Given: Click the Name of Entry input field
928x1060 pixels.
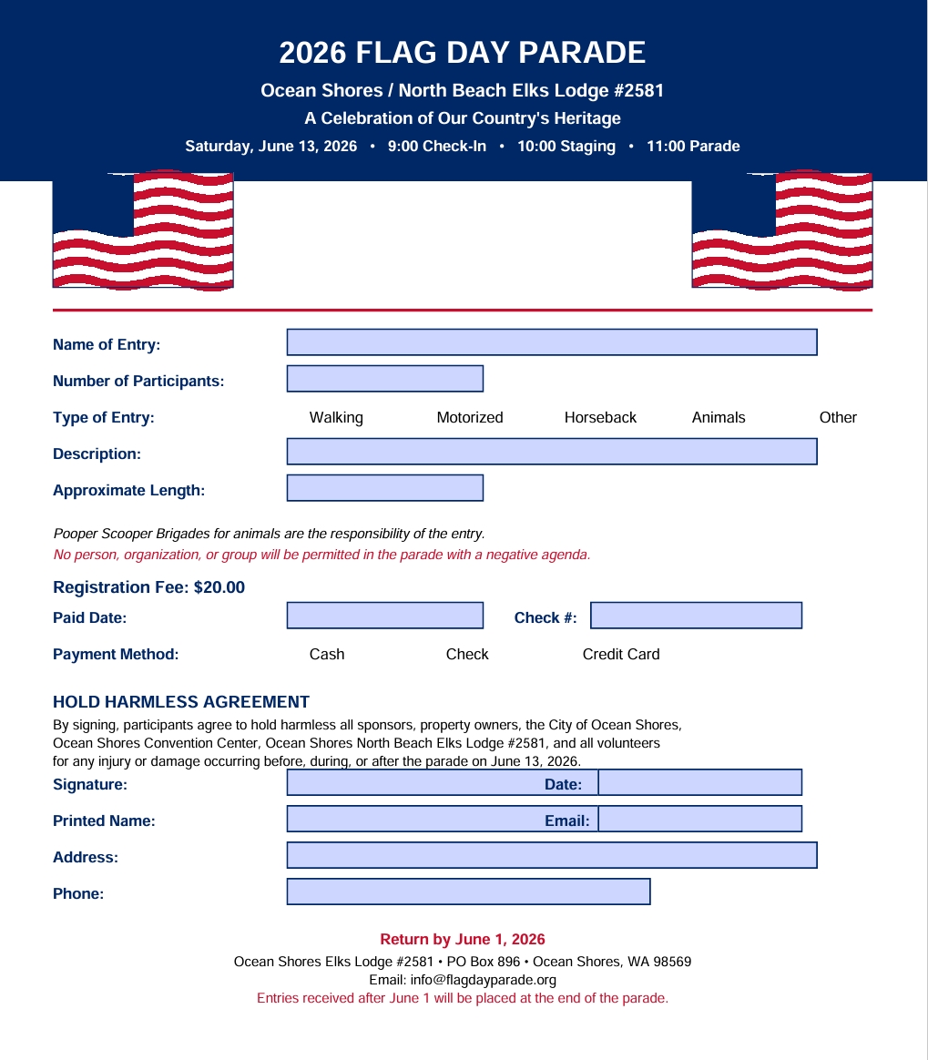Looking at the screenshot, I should (x=552, y=342).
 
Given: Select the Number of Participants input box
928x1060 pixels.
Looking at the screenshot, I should (x=385, y=379).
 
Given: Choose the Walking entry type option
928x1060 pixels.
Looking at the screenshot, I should (x=336, y=418).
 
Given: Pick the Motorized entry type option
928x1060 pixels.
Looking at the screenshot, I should (x=470, y=418).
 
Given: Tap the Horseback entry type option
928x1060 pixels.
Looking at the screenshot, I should (x=600, y=418).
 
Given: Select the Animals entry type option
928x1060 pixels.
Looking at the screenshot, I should (x=719, y=418).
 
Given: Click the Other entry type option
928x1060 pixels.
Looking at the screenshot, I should (x=838, y=418).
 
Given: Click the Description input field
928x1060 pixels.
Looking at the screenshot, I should (x=552, y=452).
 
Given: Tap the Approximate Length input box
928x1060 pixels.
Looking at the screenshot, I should (x=385, y=488).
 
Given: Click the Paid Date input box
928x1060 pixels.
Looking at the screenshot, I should (x=385, y=616).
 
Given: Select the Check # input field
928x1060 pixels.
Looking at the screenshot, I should (x=697, y=616).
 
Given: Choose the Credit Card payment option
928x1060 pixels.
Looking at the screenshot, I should (x=621, y=655).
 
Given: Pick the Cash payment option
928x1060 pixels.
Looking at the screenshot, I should (x=327, y=655).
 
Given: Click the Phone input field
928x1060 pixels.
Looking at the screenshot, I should (x=469, y=892).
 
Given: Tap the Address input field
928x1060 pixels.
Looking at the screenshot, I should (x=552, y=855).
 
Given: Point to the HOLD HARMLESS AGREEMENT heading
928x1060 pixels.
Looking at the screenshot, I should (x=181, y=702).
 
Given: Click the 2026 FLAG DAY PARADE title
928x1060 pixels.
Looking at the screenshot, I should (x=463, y=53).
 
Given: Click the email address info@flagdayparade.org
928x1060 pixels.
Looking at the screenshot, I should (x=484, y=981).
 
